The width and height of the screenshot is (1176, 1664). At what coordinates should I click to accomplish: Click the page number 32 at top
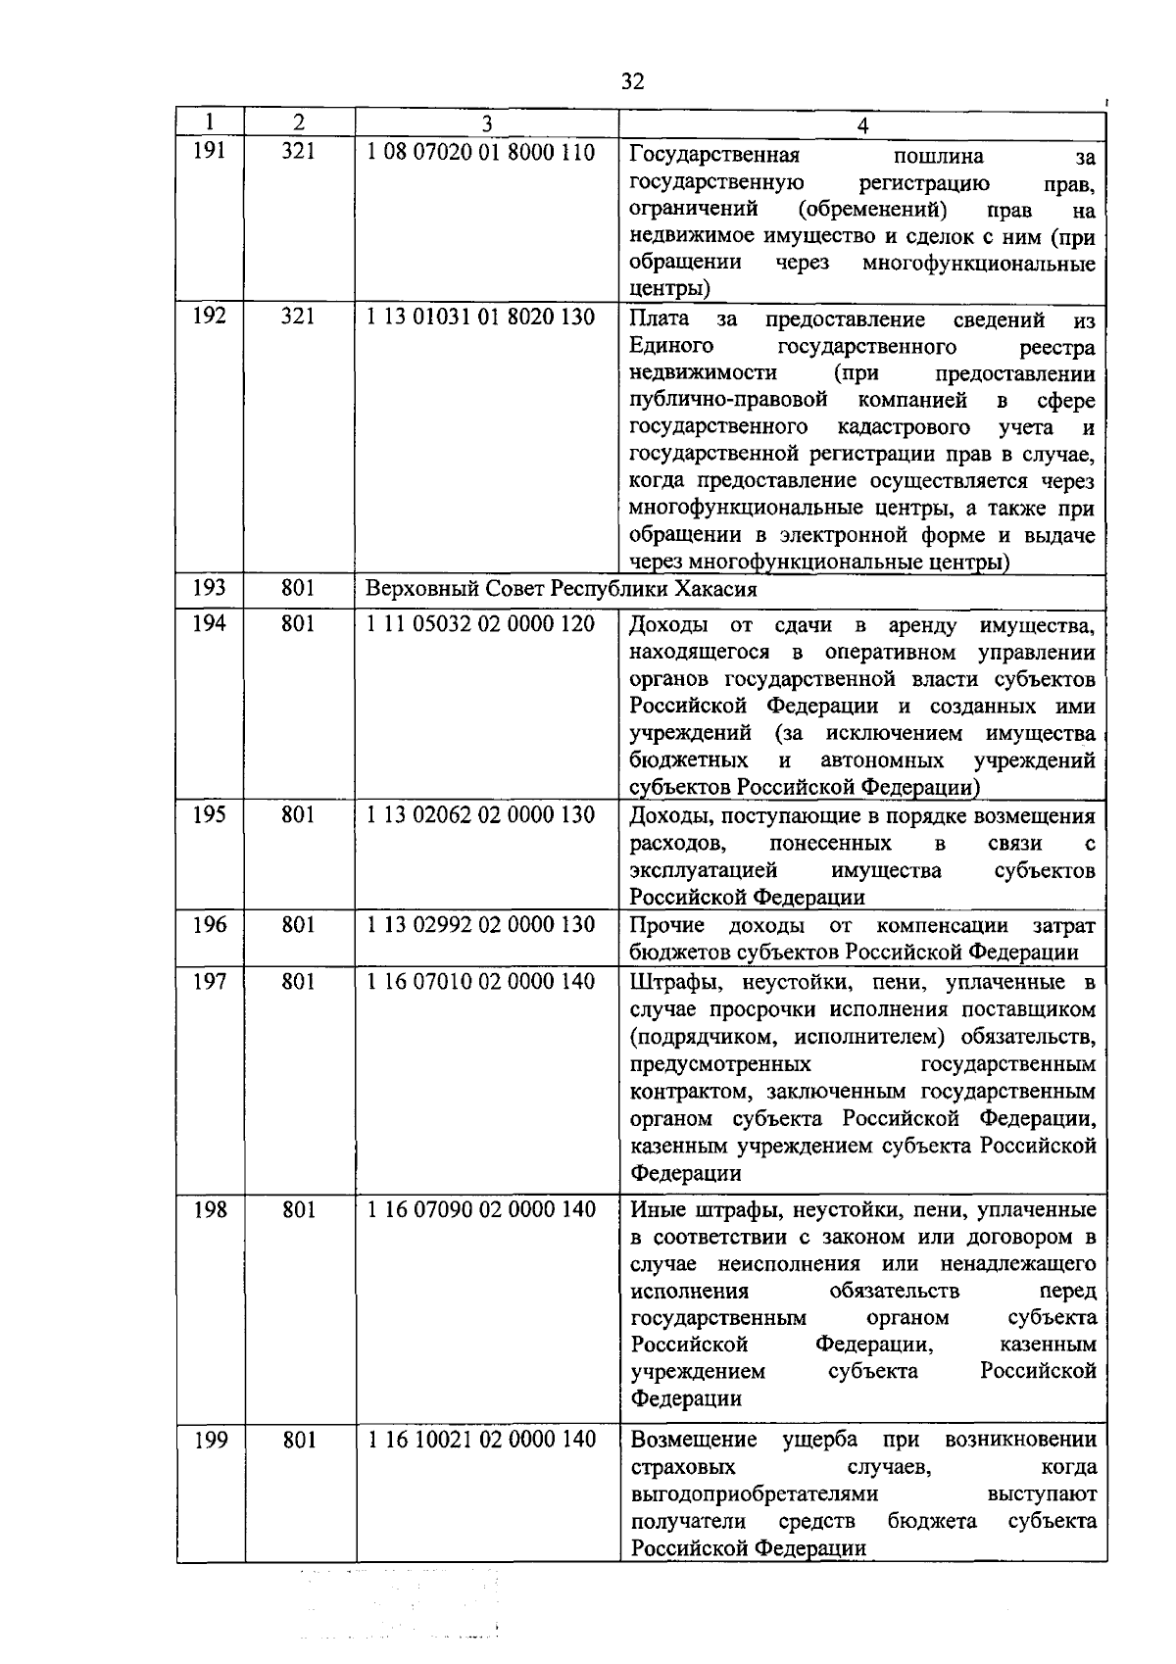(633, 81)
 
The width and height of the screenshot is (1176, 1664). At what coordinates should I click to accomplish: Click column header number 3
(487, 123)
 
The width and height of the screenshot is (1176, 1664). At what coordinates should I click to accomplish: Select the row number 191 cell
(210, 152)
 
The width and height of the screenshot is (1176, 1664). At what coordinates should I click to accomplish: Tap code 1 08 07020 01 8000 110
(480, 153)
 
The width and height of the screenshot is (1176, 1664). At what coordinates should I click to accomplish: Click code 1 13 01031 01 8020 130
(480, 318)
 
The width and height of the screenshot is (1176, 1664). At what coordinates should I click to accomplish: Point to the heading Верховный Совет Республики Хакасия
(561, 590)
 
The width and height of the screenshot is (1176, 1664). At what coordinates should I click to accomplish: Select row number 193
(210, 588)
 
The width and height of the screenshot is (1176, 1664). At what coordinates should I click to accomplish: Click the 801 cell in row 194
(298, 623)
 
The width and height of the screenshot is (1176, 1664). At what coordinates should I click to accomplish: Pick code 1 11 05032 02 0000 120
(480, 624)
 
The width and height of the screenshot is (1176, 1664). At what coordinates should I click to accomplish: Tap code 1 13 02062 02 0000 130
(480, 815)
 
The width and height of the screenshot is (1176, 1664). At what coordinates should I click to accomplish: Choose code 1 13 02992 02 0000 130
(480, 925)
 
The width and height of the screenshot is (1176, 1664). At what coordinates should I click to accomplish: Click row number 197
(210, 981)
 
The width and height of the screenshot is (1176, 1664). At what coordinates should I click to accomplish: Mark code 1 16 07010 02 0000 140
(480, 981)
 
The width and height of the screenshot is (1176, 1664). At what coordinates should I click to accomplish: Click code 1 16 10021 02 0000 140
(480, 1440)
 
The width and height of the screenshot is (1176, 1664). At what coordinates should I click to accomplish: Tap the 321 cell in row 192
(298, 317)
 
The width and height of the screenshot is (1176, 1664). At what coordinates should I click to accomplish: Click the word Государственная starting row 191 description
(714, 156)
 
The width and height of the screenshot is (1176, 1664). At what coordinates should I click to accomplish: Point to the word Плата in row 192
(660, 319)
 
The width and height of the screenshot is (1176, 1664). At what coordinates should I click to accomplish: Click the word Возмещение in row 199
(694, 1440)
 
